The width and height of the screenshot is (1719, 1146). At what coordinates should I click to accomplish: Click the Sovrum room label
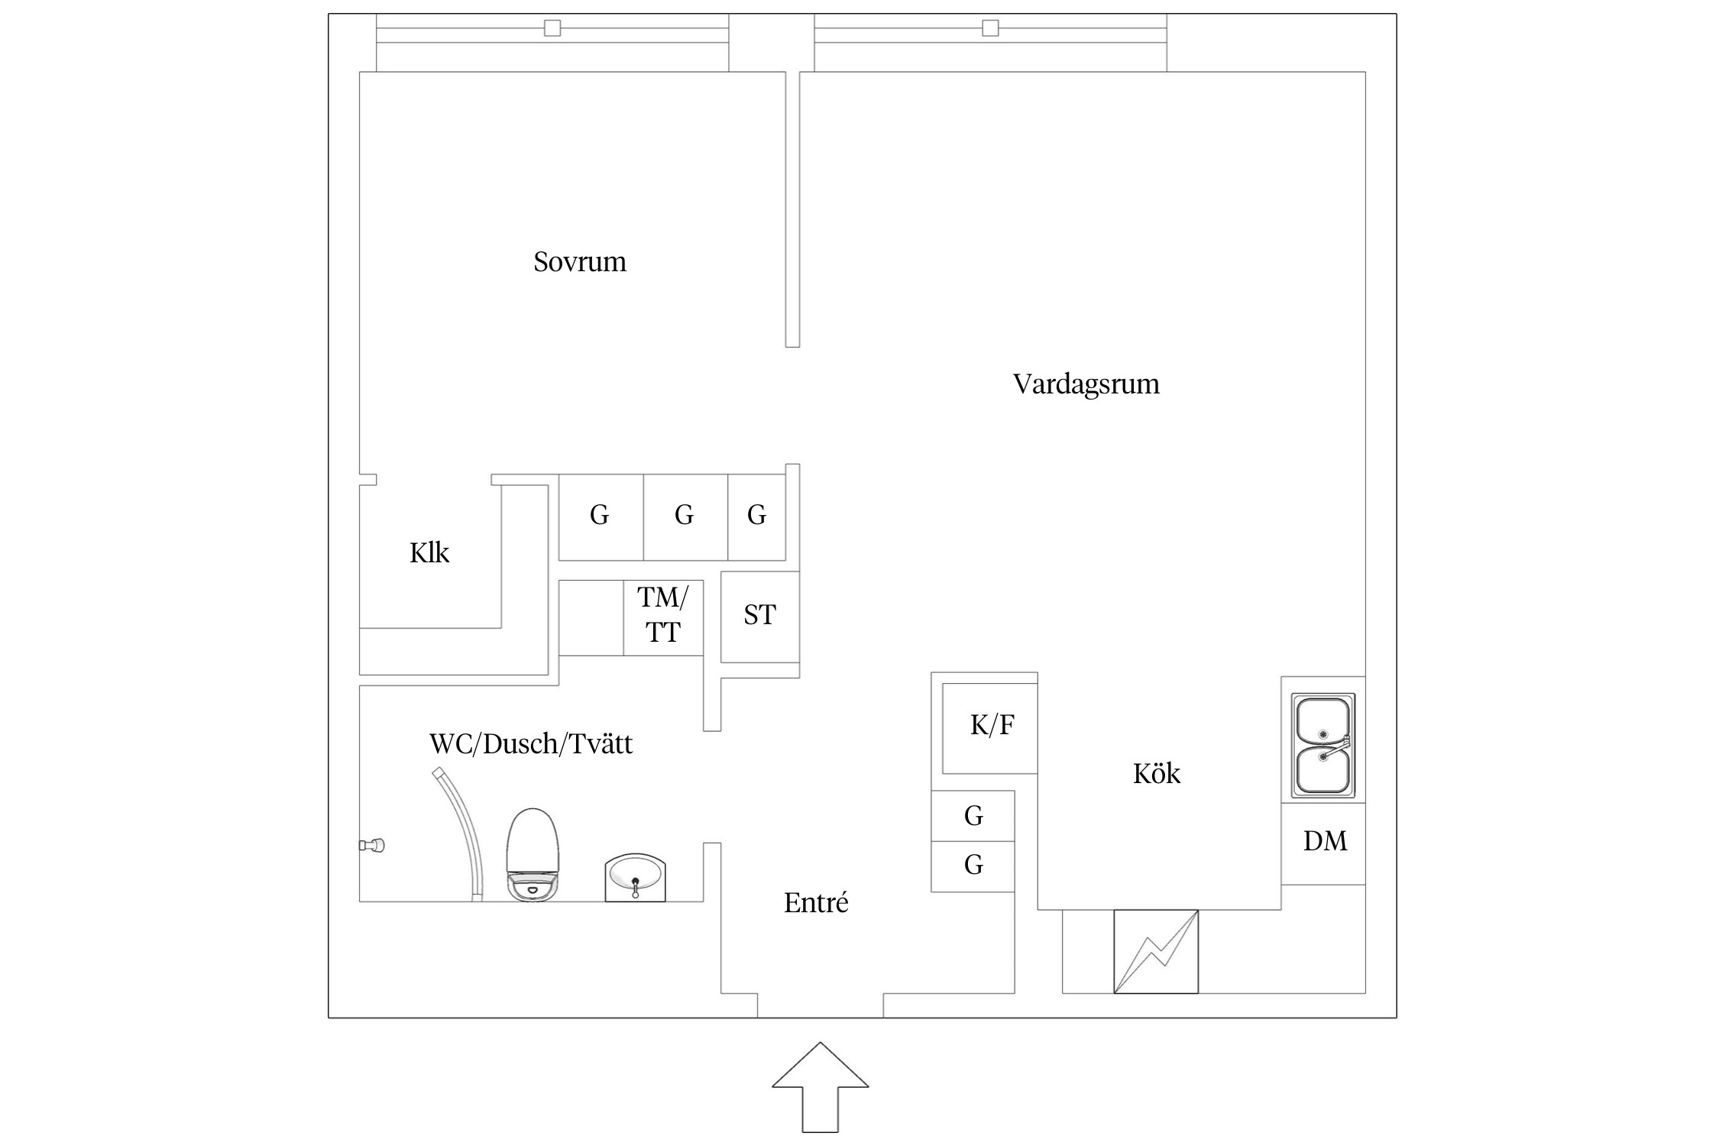pos(580,262)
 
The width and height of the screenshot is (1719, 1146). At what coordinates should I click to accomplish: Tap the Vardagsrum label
pos(1086,384)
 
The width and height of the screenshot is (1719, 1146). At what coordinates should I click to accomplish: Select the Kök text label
pos(1156,774)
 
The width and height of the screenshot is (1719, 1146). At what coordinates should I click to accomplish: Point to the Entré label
pos(816,903)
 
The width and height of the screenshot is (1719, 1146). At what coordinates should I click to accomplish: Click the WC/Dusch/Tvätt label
pos(531,744)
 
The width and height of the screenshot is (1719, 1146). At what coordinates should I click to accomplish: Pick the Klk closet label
pos(429,552)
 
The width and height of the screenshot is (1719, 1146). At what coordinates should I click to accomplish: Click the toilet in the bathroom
pos(533,855)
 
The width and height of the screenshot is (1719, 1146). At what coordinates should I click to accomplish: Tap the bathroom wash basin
pos(635,878)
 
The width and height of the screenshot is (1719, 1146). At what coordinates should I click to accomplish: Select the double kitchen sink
pos(1322,745)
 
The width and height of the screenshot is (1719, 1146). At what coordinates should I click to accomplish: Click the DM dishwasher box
pos(1323,843)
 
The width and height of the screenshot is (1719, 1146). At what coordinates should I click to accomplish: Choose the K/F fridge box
pos(989,728)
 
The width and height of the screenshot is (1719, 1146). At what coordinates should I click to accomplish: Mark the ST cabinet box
pos(760,617)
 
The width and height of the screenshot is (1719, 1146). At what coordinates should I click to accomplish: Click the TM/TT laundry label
pos(662,615)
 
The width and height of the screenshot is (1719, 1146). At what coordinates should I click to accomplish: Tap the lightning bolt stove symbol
pos(1156,951)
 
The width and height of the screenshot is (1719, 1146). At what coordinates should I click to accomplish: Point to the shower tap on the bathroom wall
pos(372,845)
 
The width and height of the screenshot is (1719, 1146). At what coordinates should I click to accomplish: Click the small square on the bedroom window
pos(552,28)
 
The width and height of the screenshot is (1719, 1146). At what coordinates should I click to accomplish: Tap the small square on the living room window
pos(990,28)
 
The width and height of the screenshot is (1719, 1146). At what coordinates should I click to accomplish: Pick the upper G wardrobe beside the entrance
pos(973,816)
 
